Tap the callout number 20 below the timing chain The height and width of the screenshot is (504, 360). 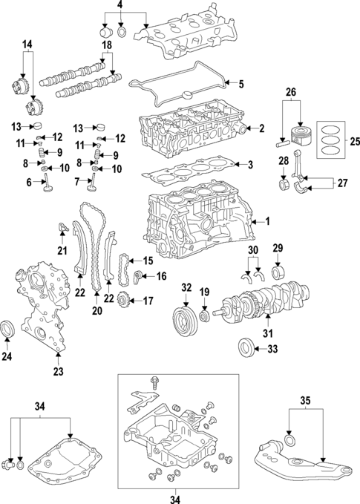[96, 310]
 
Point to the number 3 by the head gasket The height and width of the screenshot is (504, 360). [251, 164]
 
